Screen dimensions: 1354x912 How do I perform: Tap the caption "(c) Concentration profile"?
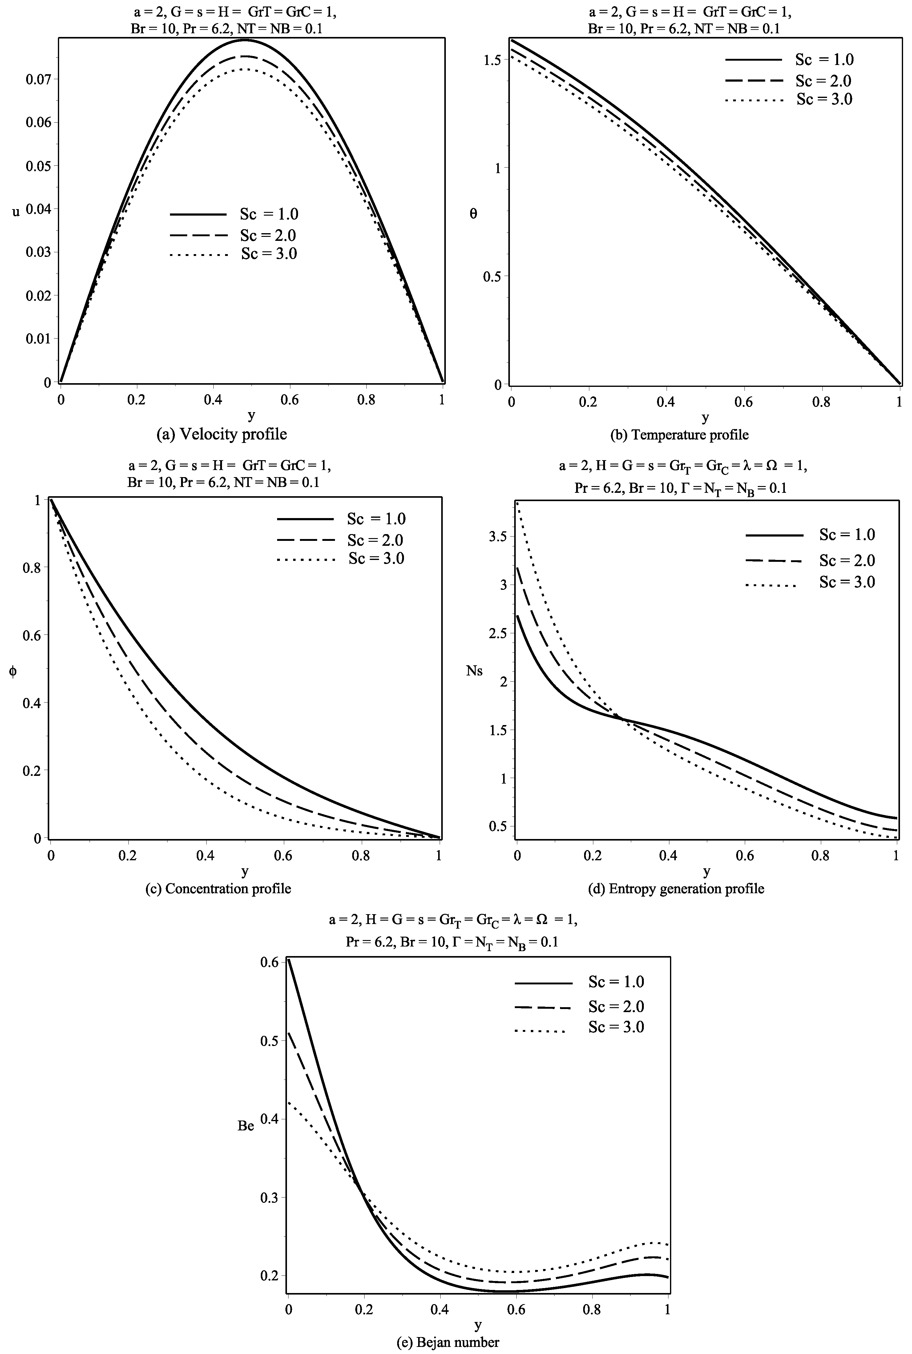[218, 889]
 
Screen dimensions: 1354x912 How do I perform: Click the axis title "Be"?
[246, 1126]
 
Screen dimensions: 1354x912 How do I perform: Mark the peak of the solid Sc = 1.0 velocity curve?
[244, 40]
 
